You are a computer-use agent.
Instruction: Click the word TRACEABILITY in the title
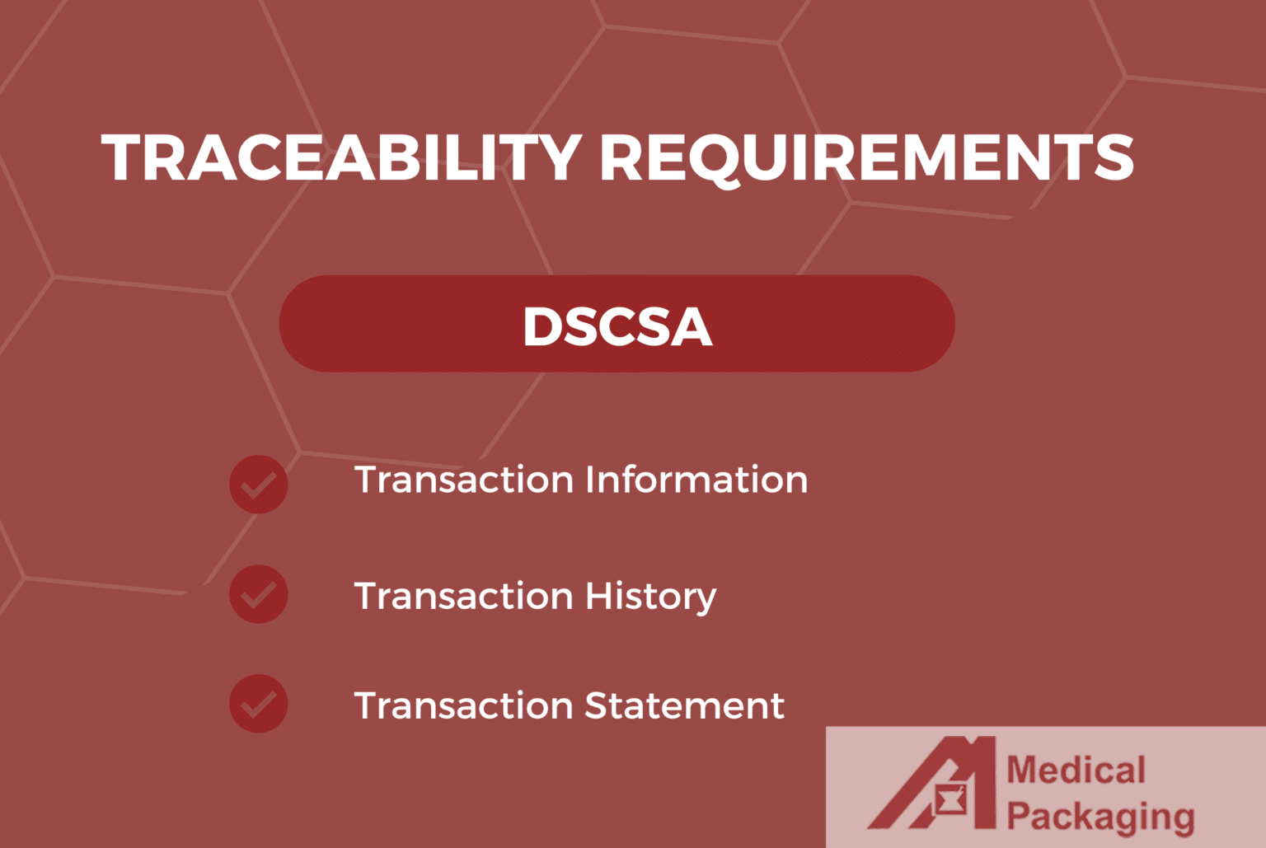(x=342, y=157)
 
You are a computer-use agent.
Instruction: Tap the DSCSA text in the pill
(x=617, y=326)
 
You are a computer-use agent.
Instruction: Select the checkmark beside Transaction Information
(x=259, y=485)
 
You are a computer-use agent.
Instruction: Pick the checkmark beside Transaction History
(x=259, y=594)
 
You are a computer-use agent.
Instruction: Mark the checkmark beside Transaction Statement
(x=259, y=704)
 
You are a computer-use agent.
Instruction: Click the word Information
(x=696, y=480)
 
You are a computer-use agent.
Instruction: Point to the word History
(x=650, y=596)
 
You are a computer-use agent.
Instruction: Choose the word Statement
(x=684, y=705)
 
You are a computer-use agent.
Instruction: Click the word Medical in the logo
(x=1076, y=771)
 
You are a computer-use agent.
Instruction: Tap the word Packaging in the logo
(x=1100, y=818)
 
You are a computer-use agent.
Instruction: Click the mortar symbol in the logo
(x=952, y=800)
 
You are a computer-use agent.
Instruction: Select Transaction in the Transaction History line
(x=463, y=596)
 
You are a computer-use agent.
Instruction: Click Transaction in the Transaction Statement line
(x=463, y=705)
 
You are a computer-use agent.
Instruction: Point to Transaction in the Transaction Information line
(x=463, y=480)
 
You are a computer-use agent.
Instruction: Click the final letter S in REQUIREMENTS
(x=1114, y=157)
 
